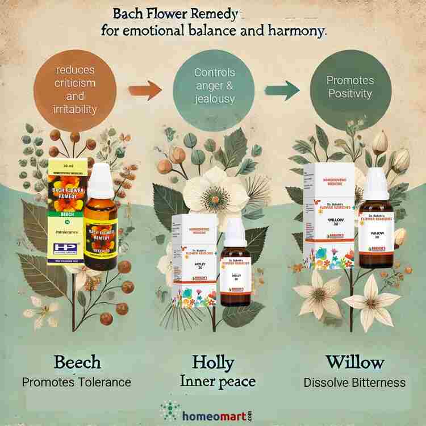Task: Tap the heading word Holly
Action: coord(213,362)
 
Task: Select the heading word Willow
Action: coord(354,362)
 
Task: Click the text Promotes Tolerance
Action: coord(77,382)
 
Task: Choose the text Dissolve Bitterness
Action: coord(354,382)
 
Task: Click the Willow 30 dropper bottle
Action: coord(376,224)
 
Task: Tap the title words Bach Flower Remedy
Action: coord(175,11)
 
